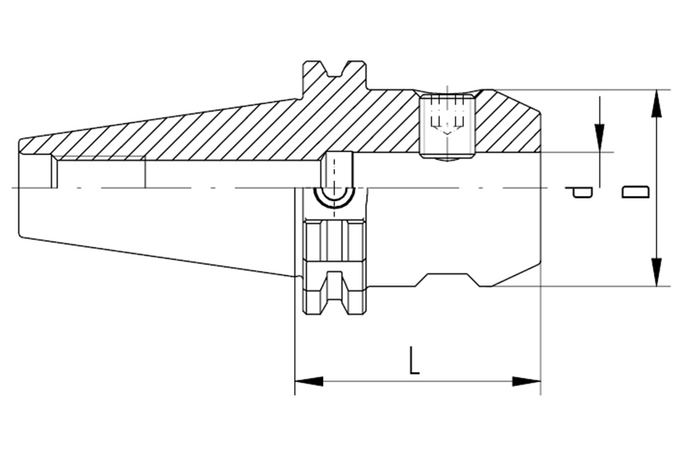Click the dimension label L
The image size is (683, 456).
(415, 361)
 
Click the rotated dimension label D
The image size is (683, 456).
(635, 191)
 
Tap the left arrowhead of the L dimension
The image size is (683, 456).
(309, 381)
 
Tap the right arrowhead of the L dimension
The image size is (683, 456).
(526, 381)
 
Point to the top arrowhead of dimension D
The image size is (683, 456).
(656, 104)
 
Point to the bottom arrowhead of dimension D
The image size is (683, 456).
(656, 272)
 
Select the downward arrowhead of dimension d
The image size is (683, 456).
(599, 138)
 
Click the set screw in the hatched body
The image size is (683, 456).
(447, 125)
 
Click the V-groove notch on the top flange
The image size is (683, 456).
(334, 70)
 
